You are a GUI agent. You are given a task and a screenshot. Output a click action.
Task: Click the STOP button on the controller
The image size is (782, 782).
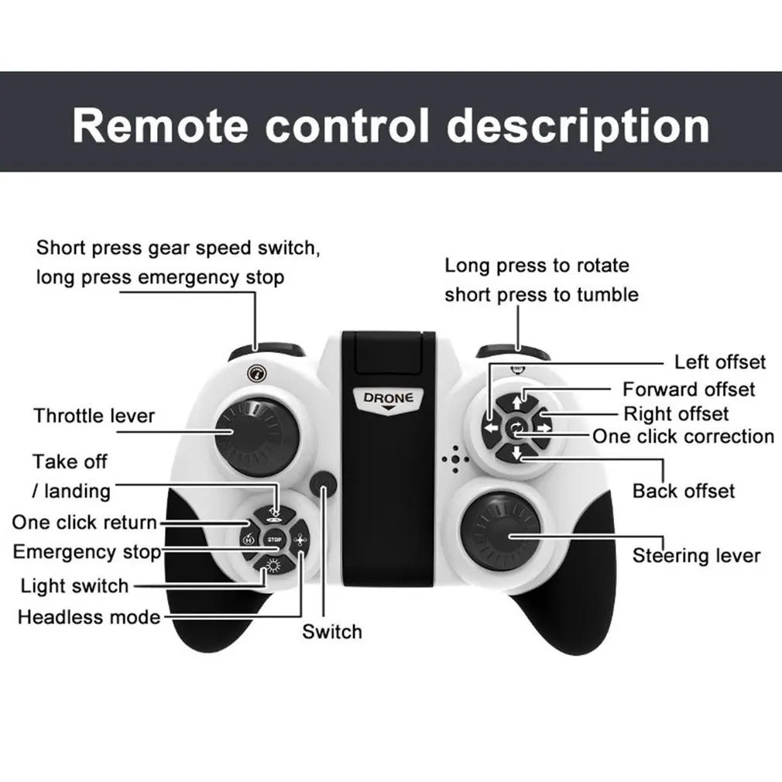274,539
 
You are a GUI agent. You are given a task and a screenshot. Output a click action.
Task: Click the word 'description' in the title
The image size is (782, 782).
578,125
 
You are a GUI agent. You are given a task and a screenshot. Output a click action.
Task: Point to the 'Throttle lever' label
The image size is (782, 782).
94,416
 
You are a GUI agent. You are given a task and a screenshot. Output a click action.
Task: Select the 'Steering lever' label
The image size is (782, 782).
696,555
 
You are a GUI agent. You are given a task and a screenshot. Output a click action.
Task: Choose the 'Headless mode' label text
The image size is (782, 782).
89,617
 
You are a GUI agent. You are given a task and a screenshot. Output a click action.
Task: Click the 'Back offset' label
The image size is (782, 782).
683,491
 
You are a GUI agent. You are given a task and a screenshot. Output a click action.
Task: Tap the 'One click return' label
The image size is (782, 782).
84,523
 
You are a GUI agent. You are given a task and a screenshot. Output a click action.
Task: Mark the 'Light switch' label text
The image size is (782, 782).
74,585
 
